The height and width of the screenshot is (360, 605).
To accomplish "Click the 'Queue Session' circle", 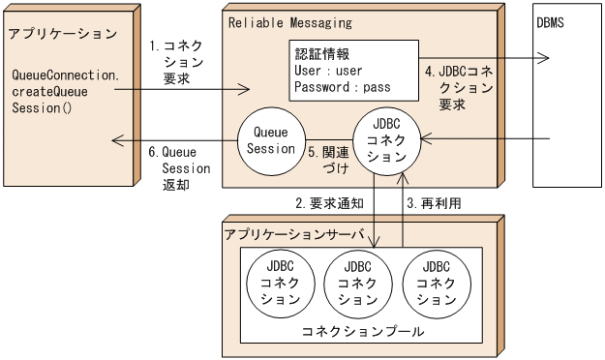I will coord(272,140).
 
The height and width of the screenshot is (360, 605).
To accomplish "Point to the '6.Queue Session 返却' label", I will coord(173,167).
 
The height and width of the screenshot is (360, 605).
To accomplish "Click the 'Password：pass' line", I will coord(342,86).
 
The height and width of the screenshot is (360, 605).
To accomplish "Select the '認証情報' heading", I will coord(322,53).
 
